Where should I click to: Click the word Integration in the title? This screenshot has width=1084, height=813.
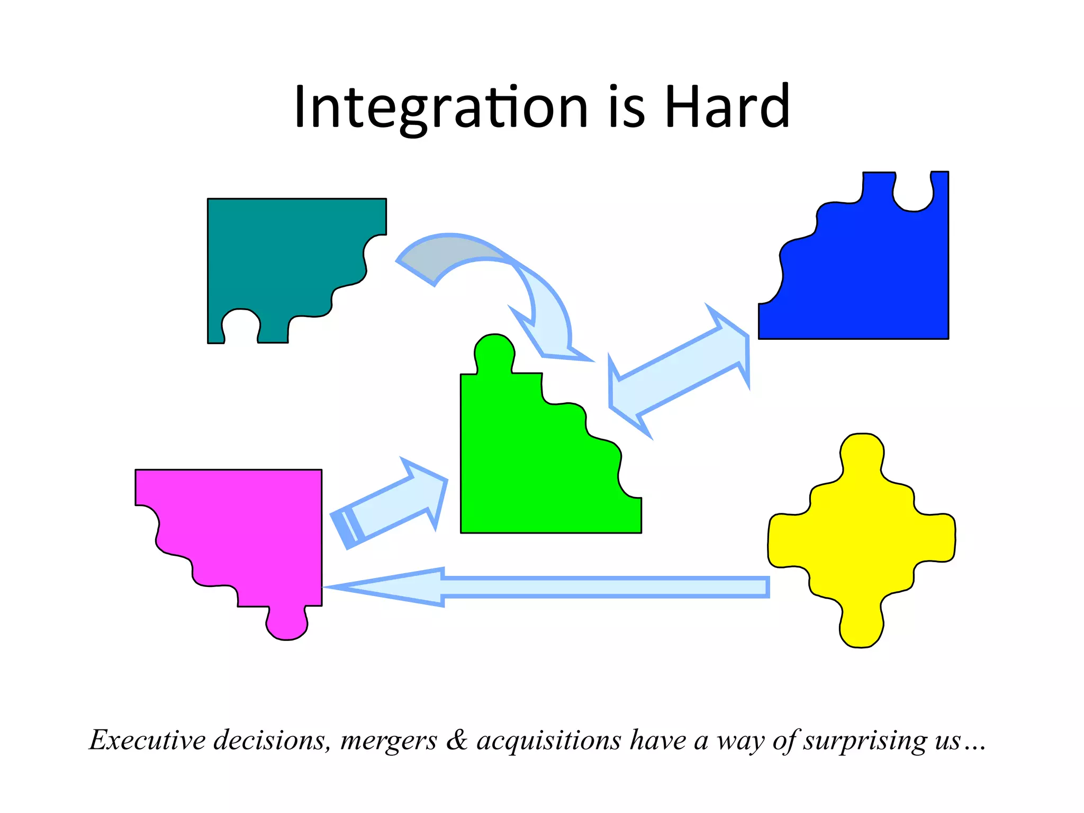pos(440,107)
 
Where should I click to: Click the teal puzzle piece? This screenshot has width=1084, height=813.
pos(281,254)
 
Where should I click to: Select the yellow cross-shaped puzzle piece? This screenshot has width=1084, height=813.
pos(862,540)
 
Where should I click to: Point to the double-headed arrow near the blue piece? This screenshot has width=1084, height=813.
pos(680,371)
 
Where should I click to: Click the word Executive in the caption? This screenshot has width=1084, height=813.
pos(147,740)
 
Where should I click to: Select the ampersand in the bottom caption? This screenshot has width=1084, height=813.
pos(457,740)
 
